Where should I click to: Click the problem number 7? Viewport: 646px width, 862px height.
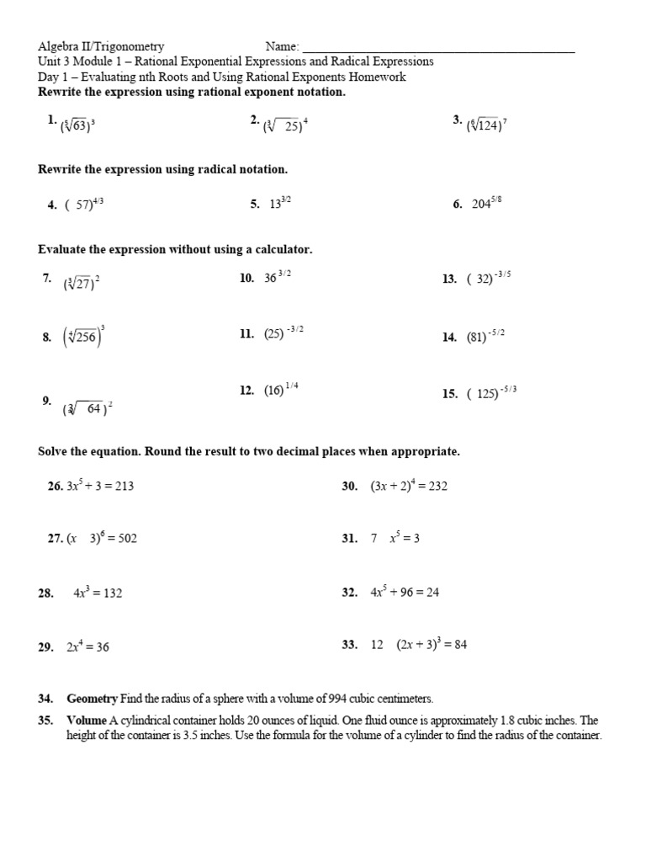tap(47, 279)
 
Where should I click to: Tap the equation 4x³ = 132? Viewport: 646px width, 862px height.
tap(98, 593)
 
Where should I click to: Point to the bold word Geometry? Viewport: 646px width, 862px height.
tap(93, 699)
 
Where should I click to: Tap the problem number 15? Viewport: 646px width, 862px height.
tap(449, 393)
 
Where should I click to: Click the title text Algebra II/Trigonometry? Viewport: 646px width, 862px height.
tap(101, 47)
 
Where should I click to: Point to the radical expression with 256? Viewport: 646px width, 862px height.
tap(84, 337)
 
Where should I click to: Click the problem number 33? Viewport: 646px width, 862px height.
tap(350, 645)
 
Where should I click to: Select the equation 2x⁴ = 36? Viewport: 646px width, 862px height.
tap(87, 646)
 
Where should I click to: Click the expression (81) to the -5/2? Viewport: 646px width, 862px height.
tap(485, 336)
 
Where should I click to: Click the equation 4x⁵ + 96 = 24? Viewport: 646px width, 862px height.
tap(405, 592)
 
